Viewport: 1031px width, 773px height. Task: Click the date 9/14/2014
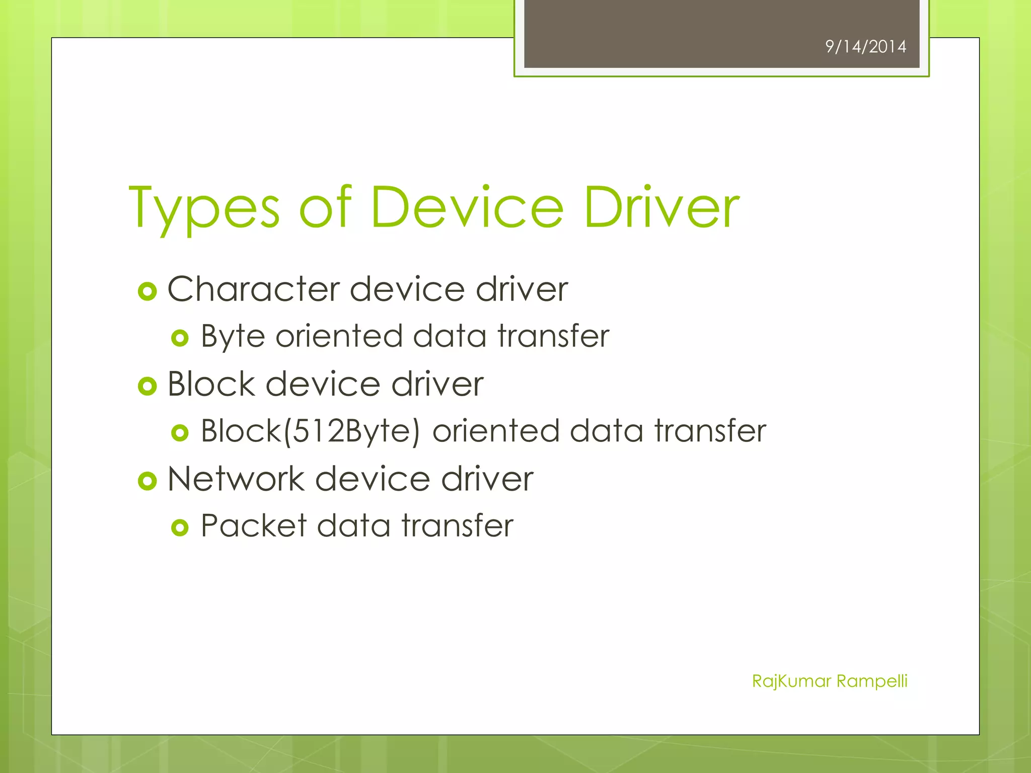point(865,47)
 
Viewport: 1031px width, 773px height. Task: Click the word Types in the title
point(204,208)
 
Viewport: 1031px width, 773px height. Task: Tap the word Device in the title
point(467,207)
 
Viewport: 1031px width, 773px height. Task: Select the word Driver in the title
point(661,207)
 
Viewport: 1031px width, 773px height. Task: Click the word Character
point(254,289)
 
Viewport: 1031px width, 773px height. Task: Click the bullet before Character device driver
point(148,291)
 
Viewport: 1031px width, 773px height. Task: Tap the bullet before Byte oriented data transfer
point(180,338)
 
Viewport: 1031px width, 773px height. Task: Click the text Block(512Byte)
point(310,431)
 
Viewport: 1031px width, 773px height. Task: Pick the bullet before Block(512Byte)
point(180,433)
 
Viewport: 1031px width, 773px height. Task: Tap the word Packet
point(253,526)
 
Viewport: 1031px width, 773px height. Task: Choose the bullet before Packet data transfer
point(180,527)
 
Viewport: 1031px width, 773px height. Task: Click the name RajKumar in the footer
point(791,681)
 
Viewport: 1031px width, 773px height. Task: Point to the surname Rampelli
point(872,681)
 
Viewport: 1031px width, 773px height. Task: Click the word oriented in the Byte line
point(339,336)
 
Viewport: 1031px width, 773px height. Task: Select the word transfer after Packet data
point(457,526)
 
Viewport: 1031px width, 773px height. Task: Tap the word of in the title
point(325,207)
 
